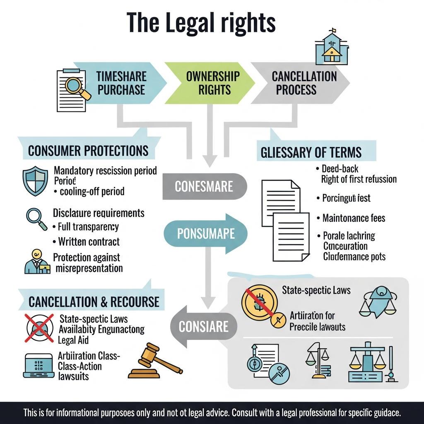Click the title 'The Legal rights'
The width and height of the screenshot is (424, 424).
(x=201, y=22)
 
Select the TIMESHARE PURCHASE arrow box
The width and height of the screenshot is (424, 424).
(x=120, y=83)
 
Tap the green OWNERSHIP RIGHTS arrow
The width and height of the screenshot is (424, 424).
(x=212, y=83)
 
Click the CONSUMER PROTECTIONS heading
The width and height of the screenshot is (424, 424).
(x=88, y=151)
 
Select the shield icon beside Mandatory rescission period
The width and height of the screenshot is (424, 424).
(x=35, y=180)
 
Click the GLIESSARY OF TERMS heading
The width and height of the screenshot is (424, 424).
(x=311, y=152)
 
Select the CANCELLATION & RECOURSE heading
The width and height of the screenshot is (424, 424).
(x=94, y=301)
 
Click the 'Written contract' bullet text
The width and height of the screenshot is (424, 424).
(x=89, y=241)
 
